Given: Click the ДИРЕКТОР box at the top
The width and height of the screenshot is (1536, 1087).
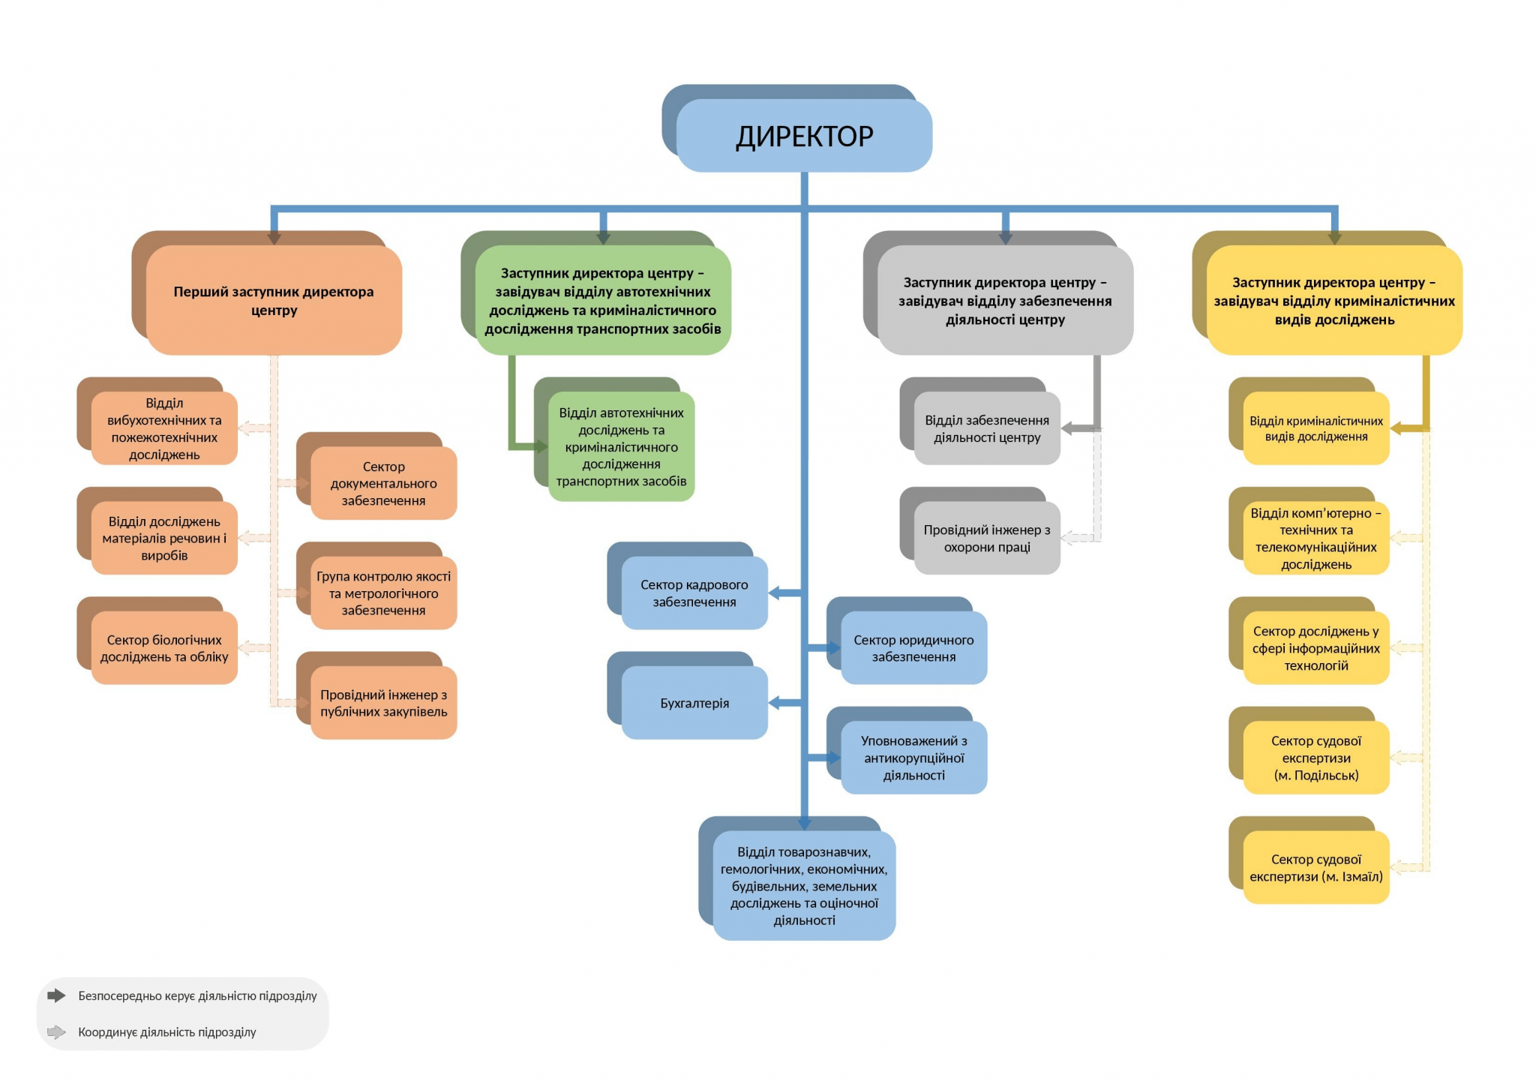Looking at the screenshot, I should pyautogui.click(x=804, y=136).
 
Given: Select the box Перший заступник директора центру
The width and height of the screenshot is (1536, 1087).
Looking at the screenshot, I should pyautogui.click(x=274, y=300).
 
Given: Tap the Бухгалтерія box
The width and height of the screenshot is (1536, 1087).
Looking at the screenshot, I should pyautogui.click(x=694, y=703).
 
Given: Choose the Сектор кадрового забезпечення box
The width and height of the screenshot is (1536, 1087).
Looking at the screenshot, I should pyautogui.click(x=694, y=593).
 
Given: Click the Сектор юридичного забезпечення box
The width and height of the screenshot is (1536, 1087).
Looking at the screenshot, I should pyautogui.click(x=913, y=648).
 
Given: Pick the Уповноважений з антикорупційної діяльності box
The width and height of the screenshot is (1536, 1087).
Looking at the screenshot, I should pyautogui.click(x=913, y=758).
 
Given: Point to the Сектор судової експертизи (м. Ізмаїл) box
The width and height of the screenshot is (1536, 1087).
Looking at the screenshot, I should pyautogui.click(x=1316, y=867).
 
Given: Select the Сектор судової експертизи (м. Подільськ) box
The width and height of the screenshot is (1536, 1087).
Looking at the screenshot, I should pyautogui.click(x=1316, y=758).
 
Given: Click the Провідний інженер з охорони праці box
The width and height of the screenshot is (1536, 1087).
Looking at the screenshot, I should pyautogui.click(x=987, y=538).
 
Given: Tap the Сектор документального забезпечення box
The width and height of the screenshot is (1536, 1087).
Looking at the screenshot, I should pyautogui.click(x=383, y=483).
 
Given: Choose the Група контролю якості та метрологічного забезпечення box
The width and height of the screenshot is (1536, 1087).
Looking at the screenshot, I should pyautogui.click(x=383, y=593).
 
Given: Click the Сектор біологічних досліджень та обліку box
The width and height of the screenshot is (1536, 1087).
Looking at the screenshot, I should pyautogui.click(x=164, y=648).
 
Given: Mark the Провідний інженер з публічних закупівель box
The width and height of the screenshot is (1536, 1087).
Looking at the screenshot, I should pyautogui.click(x=383, y=703).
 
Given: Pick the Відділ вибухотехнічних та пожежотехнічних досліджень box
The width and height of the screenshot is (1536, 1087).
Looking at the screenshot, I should pyautogui.click(x=164, y=428).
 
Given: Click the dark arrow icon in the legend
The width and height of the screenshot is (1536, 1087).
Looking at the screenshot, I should pyautogui.click(x=56, y=995).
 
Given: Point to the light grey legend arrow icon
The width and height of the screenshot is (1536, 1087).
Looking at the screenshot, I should pyautogui.click(x=56, y=1032).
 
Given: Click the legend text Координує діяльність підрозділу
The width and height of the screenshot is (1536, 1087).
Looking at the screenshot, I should pyautogui.click(x=167, y=1032).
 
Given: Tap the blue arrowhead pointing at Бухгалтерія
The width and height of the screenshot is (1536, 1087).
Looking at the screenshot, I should pyautogui.click(x=775, y=703).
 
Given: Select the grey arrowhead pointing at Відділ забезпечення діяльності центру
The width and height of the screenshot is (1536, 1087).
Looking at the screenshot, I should pyautogui.click(x=1069, y=428).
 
